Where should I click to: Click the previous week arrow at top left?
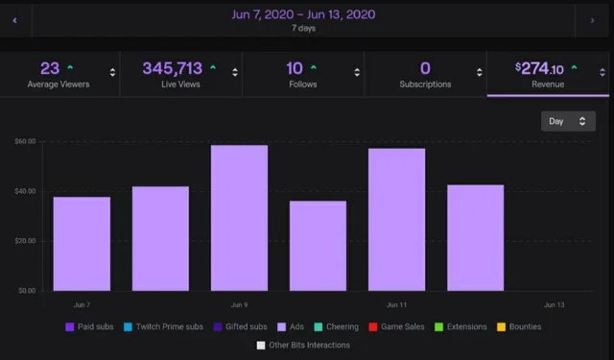point(14,19)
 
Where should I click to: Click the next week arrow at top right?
point(591,19)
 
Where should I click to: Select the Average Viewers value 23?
point(50,68)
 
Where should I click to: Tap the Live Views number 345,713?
point(173,68)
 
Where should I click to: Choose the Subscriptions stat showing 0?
point(425,68)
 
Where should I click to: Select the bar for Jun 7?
point(82,244)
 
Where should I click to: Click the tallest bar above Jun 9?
point(239,218)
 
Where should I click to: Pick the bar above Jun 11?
point(396,220)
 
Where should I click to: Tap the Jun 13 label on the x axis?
point(554,304)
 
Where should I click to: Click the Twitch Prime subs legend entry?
point(164,327)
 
